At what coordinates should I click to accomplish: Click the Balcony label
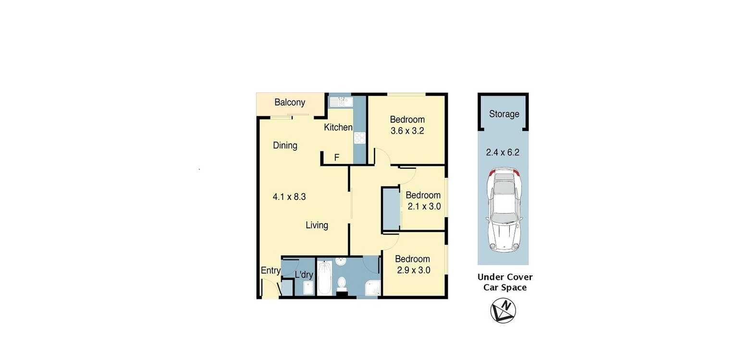pos(290,102)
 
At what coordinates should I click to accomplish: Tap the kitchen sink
pos(341,102)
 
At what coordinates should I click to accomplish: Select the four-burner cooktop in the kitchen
pos(360,138)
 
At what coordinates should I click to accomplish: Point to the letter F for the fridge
pos(337,158)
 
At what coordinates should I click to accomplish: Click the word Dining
pos(285,146)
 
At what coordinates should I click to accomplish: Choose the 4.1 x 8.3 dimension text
pos(289,197)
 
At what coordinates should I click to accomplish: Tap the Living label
pos(317,225)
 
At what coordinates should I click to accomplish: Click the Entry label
pos(270,271)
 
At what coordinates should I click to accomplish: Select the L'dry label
pos(304,274)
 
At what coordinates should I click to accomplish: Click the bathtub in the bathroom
pos(325,278)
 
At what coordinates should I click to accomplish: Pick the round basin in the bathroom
pos(341,261)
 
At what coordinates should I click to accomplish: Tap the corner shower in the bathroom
pos(373,288)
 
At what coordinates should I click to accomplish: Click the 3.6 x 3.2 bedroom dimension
pos(407,131)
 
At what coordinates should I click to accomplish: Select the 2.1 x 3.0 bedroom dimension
pos(424,207)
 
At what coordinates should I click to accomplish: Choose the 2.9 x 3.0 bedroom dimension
pos(414,271)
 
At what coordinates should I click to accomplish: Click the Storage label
pos(504,114)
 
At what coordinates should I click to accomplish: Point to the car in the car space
pos(504,210)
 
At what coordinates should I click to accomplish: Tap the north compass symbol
pos(503,310)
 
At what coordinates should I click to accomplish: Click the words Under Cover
pos(505,277)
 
